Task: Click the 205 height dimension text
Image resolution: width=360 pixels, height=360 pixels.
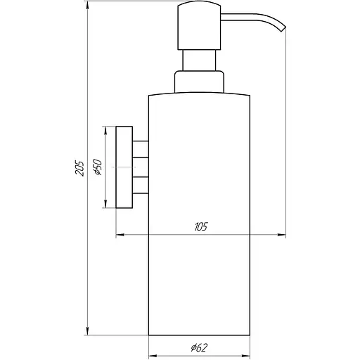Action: click(x=79, y=168)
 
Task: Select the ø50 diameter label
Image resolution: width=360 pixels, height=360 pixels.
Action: click(x=98, y=168)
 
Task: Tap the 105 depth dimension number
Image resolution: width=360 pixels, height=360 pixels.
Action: click(x=201, y=226)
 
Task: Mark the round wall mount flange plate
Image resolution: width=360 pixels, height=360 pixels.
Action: click(x=124, y=167)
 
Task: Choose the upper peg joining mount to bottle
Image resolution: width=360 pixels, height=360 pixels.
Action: click(x=141, y=148)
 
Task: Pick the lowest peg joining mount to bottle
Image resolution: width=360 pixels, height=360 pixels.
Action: click(x=141, y=186)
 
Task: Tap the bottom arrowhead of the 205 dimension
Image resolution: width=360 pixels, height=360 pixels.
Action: click(x=87, y=333)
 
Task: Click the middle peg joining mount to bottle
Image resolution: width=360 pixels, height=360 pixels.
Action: click(x=141, y=167)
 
